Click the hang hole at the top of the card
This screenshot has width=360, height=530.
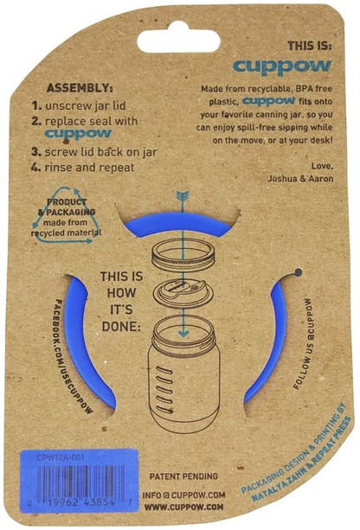click(x=178, y=38)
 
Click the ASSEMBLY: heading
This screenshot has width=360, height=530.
click(x=80, y=88)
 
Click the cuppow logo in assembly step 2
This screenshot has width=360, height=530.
click(x=78, y=134)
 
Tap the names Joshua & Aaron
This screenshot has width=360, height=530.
click(x=300, y=178)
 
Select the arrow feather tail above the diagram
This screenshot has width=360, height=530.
click(x=183, y=196)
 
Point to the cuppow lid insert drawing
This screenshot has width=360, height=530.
click(x=183, y=293)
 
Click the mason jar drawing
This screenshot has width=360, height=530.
click(x=183, y=376)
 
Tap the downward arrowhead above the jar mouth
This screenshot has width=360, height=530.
click(x=183, y=333)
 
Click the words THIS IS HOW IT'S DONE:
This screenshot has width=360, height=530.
click(x=121, y=302)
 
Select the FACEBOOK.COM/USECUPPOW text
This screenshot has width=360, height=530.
click(x=74, y=357)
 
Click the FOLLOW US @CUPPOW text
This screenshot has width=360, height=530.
click(x=303, y=344)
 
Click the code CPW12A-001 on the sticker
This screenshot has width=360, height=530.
click(x=56, y=457)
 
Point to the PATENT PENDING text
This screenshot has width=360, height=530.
click(x=183, y=476)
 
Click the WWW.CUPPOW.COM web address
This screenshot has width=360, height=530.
click(x=183, y=507)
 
